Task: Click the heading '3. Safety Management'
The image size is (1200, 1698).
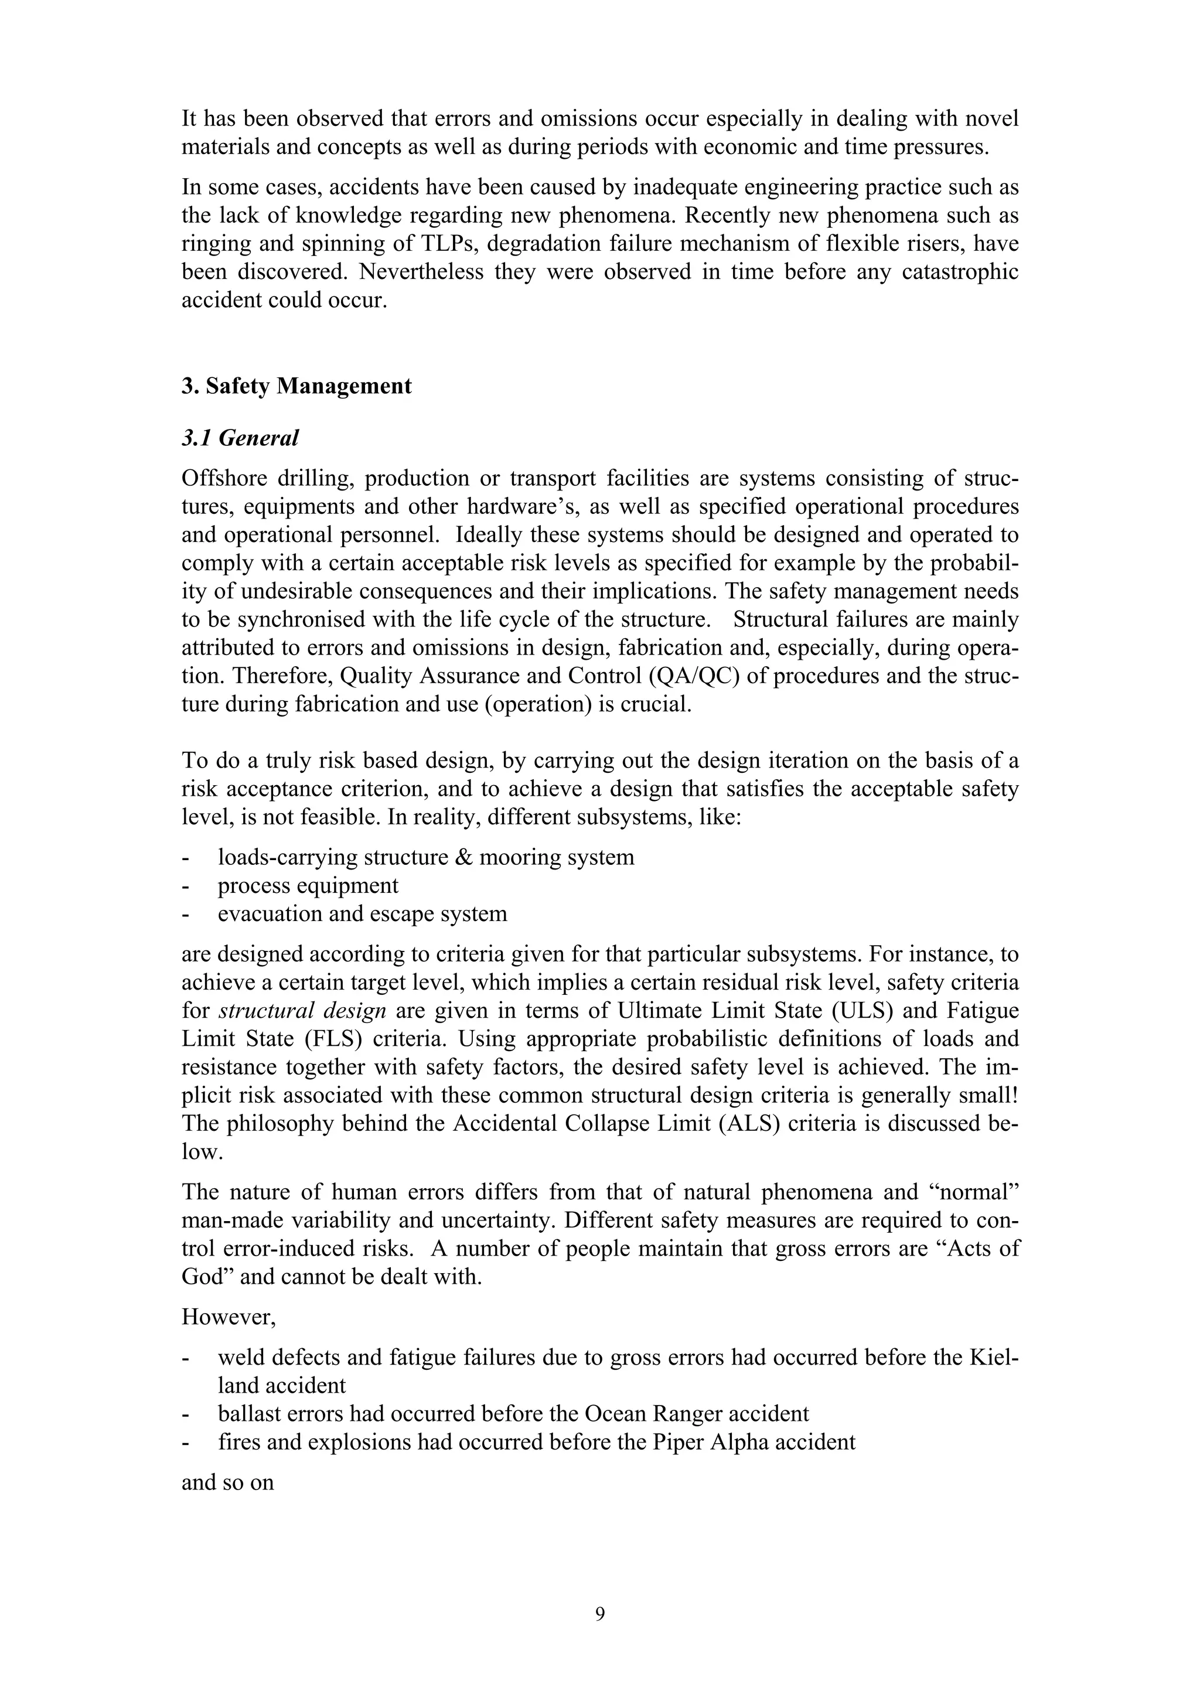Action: tap(296, 386)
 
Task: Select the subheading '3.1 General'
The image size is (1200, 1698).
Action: tap(240, 438)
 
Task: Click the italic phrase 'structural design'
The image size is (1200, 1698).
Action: tap(302, 1010)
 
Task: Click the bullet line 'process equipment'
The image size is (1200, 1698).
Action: tap(308, 885)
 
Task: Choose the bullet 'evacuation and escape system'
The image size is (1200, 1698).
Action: tap(362, 913)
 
